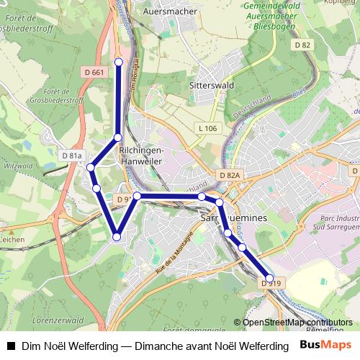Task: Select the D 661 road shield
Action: [94, 72]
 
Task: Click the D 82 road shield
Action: [302, 45]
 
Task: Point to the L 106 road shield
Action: [207, 128]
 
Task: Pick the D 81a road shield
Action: [73, 156]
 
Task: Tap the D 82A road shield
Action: [230, 175]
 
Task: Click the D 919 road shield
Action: [271, 284]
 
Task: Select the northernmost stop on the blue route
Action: [119, 61]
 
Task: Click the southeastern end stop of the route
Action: [270, 277]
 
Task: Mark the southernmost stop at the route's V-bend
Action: [117, 236]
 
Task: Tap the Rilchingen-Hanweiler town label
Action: [142, 156]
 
